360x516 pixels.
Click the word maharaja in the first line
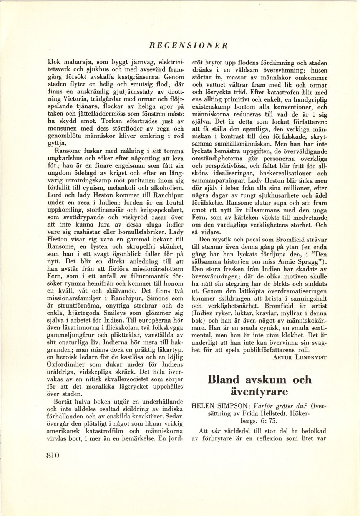74,62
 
